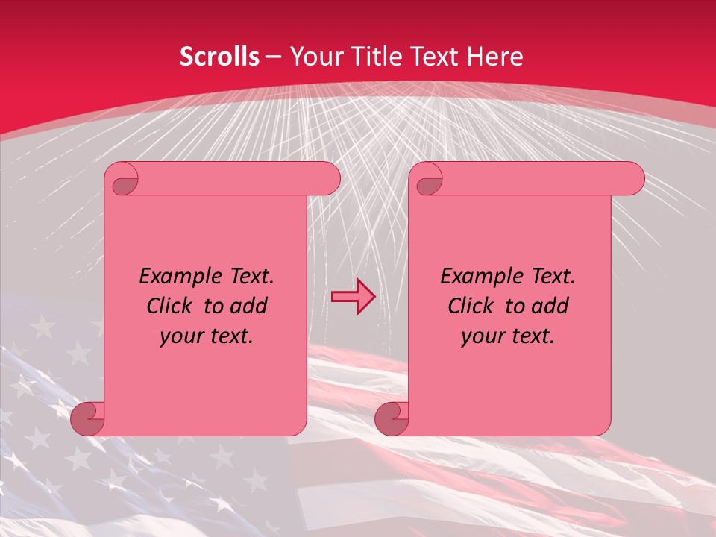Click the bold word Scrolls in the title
pos(219,57)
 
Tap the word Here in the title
pos(494,57)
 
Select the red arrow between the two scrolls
pos(354,297)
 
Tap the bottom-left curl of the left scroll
pos(87,419)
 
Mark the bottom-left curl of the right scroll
pos(391,419)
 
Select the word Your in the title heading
pos(316,57)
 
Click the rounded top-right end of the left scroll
pos(329,178)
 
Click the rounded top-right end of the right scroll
pos(633,178)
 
